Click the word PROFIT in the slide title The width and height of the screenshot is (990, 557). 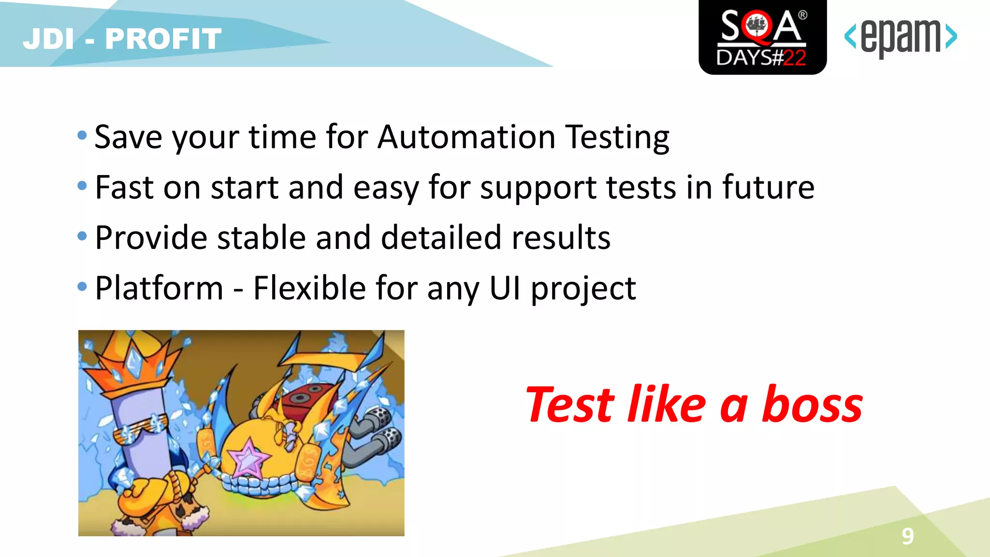coord(163,39)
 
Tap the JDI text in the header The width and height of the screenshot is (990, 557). coord(48,39)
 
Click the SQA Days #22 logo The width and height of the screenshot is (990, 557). coord(762,38)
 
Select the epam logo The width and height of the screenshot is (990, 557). coord(900,37)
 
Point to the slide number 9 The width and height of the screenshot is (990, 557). coord(907,536)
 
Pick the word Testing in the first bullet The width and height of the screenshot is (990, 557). coord(617,138)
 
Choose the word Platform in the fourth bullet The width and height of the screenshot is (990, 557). coord(159,288)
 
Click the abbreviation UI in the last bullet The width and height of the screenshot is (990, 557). coord(505,288)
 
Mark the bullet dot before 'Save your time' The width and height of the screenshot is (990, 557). coord(82,135)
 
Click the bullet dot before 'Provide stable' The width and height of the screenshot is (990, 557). coord(82,236)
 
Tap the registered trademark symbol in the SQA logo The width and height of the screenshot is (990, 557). coord(802,15)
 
